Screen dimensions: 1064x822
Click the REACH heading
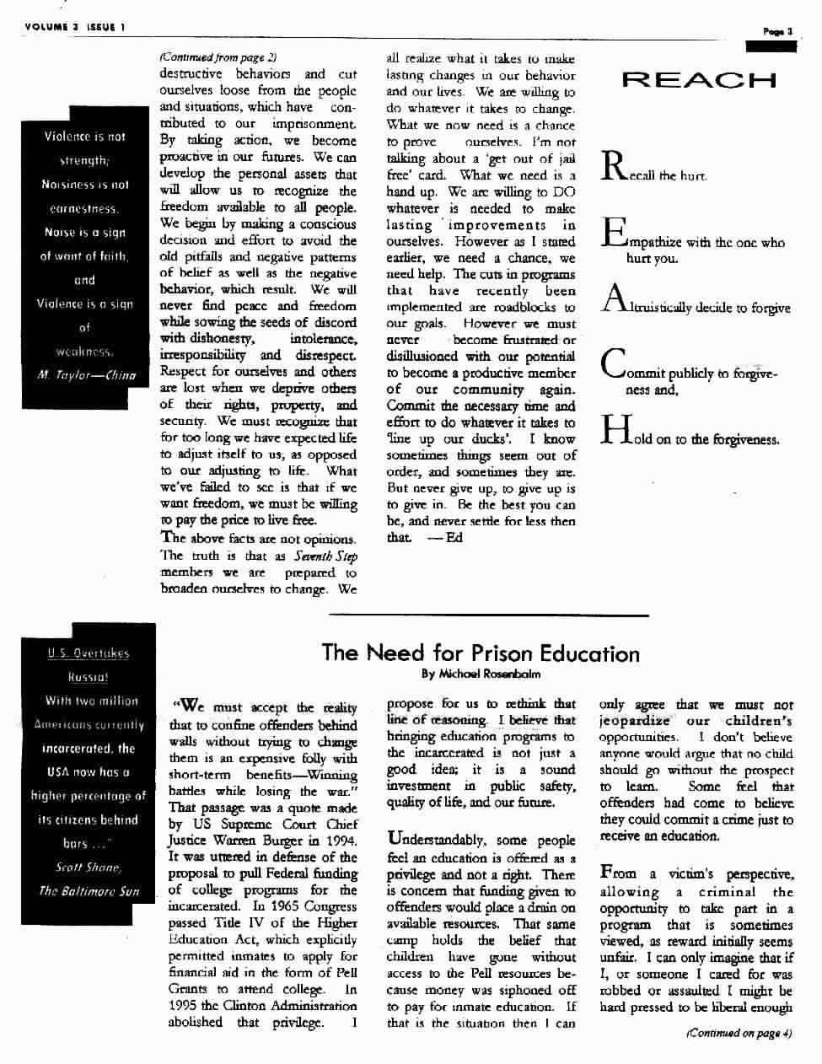pyautogui.click(x=699, y=81)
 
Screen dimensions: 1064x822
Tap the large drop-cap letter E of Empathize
pyautogui.click(x=615, y=233)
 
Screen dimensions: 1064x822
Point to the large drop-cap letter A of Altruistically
pyautogui.click(x=615, y=298)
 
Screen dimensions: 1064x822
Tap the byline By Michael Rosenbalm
pyautogui.click(x=481, y=674)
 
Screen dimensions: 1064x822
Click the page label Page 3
pyautogui.click(x=776, y=31)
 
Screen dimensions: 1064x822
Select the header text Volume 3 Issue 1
pyautogui.click(x=75, y=27)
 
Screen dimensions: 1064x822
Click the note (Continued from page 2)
pyautogui.click(x=218, y=58)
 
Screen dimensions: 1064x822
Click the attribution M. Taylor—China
pyautogui.click(x=86, y=375)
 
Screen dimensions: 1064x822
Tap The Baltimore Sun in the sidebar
pyautogui.click(x=89, y=891)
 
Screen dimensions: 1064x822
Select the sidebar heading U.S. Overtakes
pyautogui.click(x=89, y=653)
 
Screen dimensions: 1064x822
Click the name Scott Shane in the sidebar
pyautogui.click(x=88, y=867)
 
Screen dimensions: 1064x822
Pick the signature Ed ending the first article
pyautogui.click(x=454, y=538)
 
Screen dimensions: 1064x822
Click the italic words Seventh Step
pyautogui.click(x=325, y=556)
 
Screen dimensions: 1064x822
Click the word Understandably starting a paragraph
pyautogui.click(x=439, y=841)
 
